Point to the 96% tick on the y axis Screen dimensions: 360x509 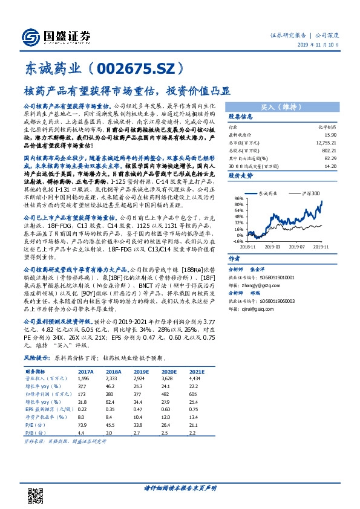pyautogui.click(x=239, y=198)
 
